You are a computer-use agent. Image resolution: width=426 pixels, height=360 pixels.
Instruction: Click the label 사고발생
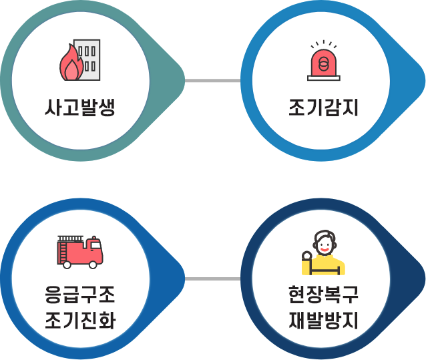[x=80, y=107]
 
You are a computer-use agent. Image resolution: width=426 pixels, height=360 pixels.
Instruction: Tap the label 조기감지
[x=324, y=107]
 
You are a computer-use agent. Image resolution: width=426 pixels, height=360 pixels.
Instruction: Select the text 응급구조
[x=80, y=295]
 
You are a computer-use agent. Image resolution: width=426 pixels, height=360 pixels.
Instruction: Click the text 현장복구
[x=324, y=295]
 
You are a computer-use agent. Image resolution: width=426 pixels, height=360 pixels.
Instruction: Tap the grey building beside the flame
[x=87, y=57]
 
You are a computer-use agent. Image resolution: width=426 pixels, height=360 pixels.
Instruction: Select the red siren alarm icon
[x=324, y=62]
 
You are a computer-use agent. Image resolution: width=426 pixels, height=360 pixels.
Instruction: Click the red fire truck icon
[x=80, y=251]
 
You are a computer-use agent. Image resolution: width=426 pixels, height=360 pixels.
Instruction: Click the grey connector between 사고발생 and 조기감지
[x=212, y=81]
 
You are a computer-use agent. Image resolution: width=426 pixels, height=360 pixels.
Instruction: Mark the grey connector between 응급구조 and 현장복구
[x=212, y=278]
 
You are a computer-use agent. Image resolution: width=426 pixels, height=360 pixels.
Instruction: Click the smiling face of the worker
[x=325, y=245]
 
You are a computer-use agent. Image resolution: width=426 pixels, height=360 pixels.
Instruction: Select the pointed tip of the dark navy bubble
[x=422, y=278]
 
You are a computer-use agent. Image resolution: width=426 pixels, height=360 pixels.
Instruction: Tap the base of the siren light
[x=324, y=77]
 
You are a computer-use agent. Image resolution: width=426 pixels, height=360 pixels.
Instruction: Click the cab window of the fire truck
[x=95, y=248]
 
